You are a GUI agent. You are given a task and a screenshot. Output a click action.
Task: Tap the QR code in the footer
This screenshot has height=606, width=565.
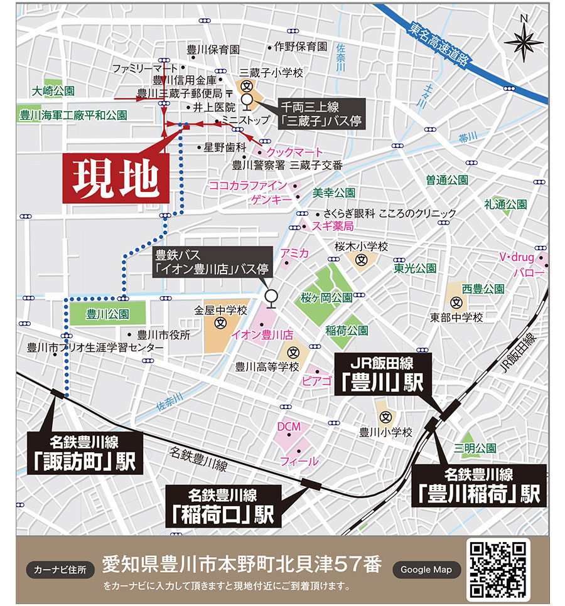click(498, 570)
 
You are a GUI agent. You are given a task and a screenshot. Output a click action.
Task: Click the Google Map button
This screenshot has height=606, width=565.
click(426, 570)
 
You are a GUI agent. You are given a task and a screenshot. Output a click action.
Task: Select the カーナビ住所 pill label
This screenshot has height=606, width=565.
click(61, 570)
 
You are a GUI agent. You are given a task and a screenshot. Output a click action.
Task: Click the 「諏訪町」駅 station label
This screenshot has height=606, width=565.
click(85, 452)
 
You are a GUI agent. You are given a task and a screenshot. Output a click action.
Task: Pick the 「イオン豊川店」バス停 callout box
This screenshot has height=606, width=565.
click(213, 262)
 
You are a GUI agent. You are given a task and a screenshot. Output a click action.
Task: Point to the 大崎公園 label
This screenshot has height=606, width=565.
click(53, 92)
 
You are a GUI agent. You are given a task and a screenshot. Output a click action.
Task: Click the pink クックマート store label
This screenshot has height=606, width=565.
click(294, 152)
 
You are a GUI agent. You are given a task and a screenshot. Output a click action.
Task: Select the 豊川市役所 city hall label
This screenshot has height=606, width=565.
click(163, 335)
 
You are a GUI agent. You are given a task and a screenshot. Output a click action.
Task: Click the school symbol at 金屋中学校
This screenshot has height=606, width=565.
click(220, 324)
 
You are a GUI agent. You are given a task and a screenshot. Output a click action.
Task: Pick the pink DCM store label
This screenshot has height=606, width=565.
click(289, 427)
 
